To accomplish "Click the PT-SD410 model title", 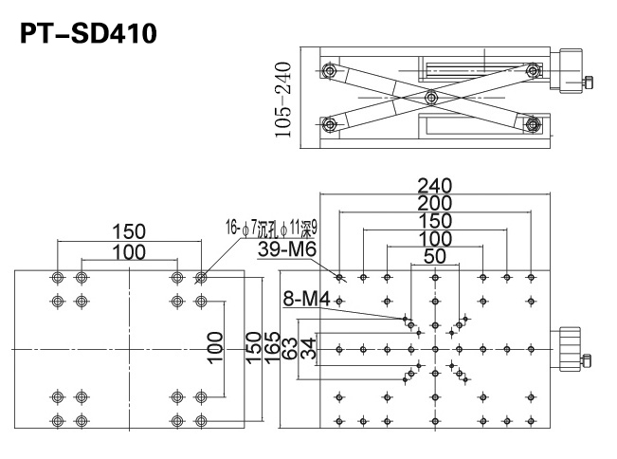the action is tap(88, 33).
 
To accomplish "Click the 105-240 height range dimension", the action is tap(283, 100).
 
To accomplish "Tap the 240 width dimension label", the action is tap(434, 186).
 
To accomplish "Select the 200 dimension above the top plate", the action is tap(434, 203).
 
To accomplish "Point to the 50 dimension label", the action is tap(435, 256).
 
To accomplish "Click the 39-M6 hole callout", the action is tap(287, 248).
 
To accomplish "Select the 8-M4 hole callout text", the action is tap(306, 299).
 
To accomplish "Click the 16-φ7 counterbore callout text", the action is tap(271, 228).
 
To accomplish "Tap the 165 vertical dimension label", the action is tap(272, 348).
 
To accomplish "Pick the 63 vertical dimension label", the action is tap(290, 348).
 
